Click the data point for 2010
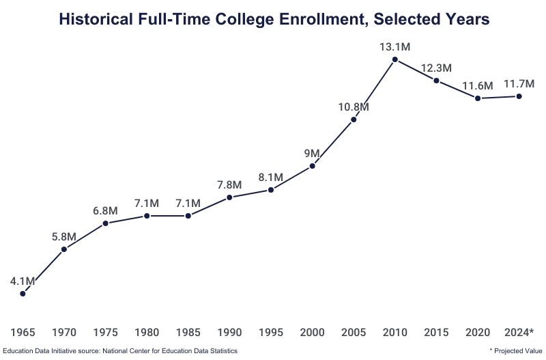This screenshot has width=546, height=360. click(395, 60)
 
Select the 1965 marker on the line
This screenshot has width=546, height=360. click(23, 294)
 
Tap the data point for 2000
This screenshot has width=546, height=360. click(313, 165)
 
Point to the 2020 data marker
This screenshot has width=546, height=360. click(478, 98)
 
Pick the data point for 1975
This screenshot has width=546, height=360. click(106, 223)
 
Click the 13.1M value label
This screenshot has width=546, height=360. click(395, 47)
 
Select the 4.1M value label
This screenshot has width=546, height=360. click(23, 281)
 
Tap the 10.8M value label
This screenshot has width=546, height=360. click(354, 107)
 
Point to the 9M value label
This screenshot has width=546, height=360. click(313, 152)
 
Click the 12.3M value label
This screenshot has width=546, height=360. click(436, 68)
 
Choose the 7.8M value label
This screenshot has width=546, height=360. click(229, 184)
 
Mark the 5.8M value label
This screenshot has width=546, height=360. click(64, 236)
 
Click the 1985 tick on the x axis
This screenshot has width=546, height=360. click(188, 333)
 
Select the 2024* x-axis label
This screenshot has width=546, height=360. click(519, 333)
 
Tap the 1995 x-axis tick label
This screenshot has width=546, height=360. click(271, 333)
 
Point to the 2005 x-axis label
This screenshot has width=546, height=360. click(354, 333)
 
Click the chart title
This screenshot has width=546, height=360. click(274, 20)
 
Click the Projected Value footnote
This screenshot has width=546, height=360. click(516, 350)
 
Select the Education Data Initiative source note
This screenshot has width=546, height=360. click(119, 350)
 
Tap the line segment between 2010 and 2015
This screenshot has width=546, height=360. click(416, 70)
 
